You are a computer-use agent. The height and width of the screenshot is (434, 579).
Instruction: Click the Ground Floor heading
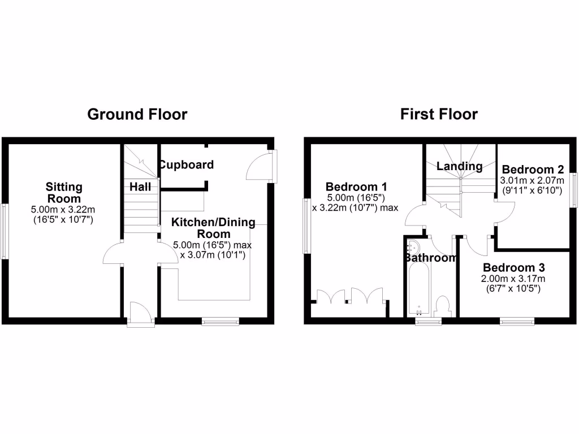click(x=137, y=115)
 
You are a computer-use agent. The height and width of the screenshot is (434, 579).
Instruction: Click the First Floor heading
click(x=439, y=115)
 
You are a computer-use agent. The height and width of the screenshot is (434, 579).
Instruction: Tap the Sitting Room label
click(x=64, y=193)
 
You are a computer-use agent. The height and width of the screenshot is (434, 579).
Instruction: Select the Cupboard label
click(x=186, y=165)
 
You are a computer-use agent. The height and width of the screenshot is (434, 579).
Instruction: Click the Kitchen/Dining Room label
click(x=213, y=228)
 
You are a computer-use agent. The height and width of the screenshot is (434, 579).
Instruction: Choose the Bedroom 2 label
click(x=533, y=170)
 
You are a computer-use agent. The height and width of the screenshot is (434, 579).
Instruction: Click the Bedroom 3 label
click(x=510, y=268)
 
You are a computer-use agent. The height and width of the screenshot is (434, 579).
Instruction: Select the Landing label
click(x=459, y=166)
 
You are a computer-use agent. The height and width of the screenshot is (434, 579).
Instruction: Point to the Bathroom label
click(x=430, y=258)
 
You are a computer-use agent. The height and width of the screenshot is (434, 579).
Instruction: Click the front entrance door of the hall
click(x=140, y=314)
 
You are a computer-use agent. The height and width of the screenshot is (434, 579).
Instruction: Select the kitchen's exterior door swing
click(x=259, y=168)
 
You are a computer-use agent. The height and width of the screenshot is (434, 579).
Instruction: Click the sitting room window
click(x=4, y=231)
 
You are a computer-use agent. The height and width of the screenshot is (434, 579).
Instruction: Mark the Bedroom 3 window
click(x=517, y=322)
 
